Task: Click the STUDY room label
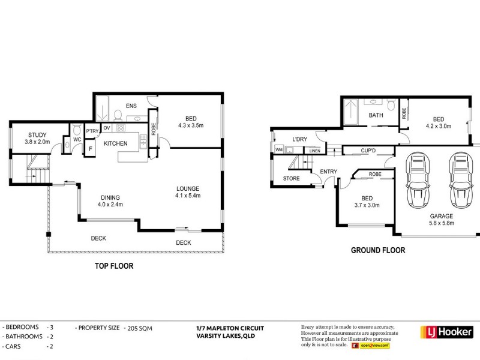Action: pos(37,135)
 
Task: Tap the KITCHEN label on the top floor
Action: pos(116,143)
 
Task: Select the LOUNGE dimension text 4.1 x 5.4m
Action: pos(188,196)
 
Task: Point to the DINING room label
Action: pos(110,198)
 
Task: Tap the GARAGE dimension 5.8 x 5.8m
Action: pos(442,223)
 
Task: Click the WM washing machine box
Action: pos(279,149)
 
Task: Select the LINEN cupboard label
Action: pos(314,151)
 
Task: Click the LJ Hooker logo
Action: pos(447,332)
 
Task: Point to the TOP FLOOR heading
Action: pos(114,266)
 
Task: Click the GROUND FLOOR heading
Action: pos(378,250)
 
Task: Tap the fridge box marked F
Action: pos(91,149)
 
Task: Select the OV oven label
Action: pos(107,128)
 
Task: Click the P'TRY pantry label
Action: pos(92,131)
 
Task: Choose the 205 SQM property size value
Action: pos(140,328)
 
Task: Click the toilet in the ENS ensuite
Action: pos(118,115)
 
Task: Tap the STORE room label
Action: pos(292,178)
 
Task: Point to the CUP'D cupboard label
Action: pos(368,151)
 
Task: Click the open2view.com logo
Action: pos(371,346)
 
